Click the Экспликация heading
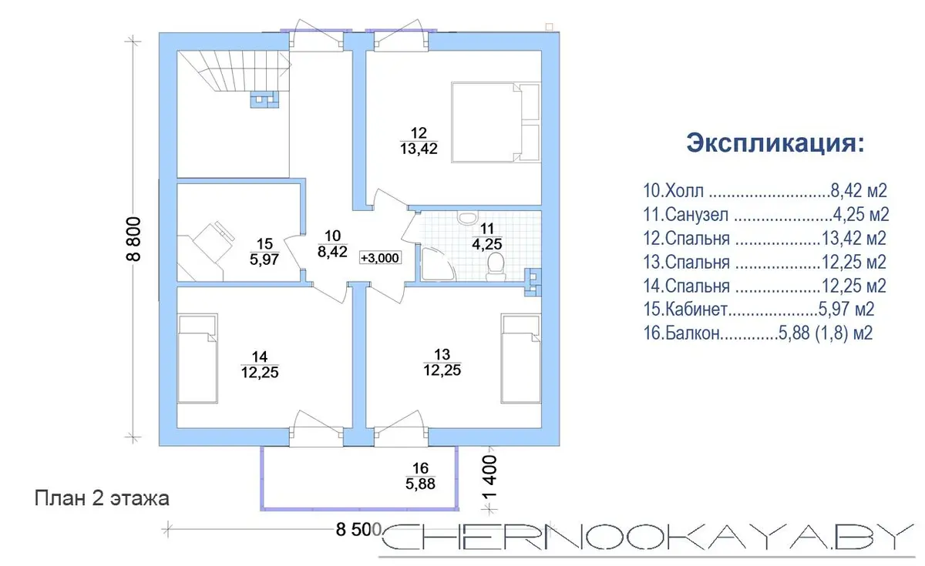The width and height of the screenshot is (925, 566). tap(775, 142)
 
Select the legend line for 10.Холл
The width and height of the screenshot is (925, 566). tap(765, 191)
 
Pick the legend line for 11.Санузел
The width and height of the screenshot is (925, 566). tap(766, 215)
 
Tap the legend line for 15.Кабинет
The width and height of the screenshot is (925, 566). tap(758, 309)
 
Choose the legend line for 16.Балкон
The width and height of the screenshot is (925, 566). tap(758, 333)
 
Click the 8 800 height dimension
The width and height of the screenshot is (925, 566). tap(133, 239)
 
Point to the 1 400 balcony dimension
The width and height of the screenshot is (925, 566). tap(489, 477)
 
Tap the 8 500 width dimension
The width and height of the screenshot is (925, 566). tap(358, 529)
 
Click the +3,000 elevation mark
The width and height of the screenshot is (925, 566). tap(380, 258)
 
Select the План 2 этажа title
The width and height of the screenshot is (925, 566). tap(102, 498)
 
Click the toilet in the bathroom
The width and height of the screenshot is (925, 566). tap(496, 267)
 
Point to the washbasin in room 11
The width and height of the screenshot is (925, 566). tap(467, 217)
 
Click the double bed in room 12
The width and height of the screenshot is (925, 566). tap(496, 122)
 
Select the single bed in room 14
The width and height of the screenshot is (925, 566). tap(197, 358)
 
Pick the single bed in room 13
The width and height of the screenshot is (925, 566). tap(521, 358)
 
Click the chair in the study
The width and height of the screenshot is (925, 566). tap(214, 242)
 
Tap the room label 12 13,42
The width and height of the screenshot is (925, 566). tap(419, 141)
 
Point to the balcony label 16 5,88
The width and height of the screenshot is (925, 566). tap(420, 476)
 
